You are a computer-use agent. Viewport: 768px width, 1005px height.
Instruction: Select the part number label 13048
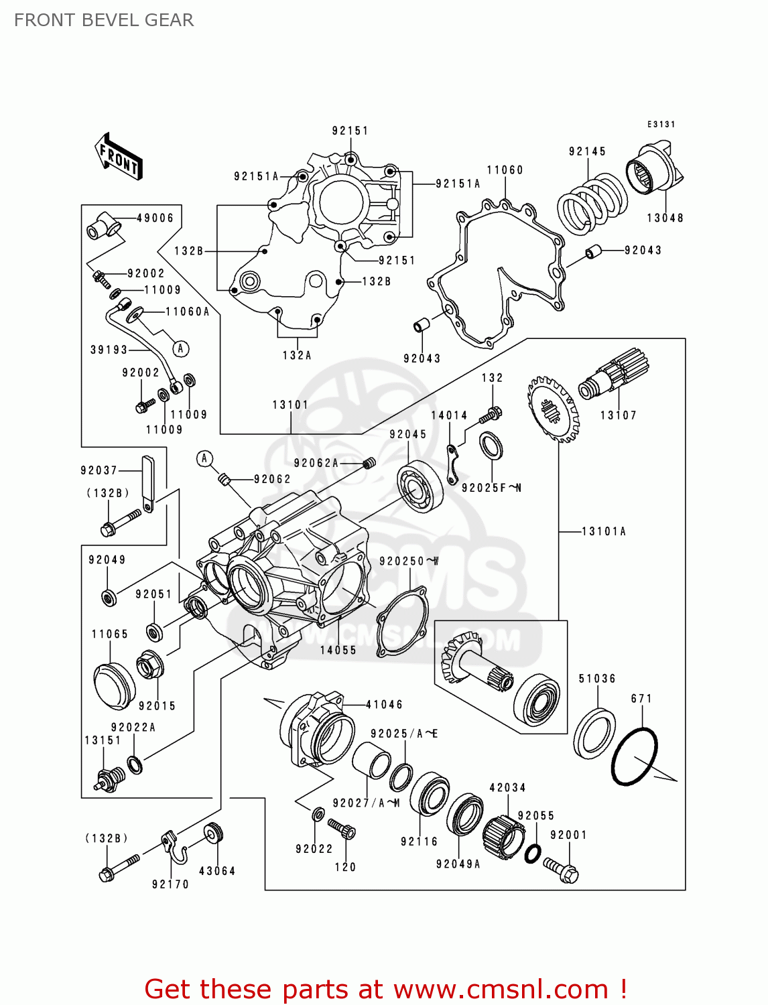pyautogui.click(x=665, y=218)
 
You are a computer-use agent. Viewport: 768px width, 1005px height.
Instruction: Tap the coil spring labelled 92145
pyautogui.click(x=592, y=201)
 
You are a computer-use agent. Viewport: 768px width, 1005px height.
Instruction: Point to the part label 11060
pyautogui.click(x=505, y=170)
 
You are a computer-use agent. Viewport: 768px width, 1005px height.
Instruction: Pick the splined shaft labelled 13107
pyautogui.click(x=614, y=378)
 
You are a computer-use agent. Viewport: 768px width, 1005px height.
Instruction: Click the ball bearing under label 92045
pyautogui.click(x=420, y=486)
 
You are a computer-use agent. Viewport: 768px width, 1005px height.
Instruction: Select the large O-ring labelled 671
pyautogui.click(x=634, y=756)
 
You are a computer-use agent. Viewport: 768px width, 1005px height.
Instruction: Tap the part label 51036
pyautogui.click(x=597, y=679)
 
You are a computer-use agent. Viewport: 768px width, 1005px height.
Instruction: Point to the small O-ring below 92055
pyautogui.click(x=533, y=854)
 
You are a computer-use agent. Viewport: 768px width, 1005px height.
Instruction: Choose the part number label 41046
pyautogui.click(x=384, y=704)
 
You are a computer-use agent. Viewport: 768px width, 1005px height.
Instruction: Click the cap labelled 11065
pyautogui.click(x=115, y=685)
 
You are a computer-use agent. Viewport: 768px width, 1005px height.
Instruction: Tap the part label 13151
pyautogui.click(x=103, y=740)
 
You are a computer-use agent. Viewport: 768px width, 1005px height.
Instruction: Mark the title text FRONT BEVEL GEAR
pyautogui.click(x=104, y=20)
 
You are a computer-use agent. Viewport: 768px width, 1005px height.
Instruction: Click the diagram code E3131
pyautogui.click(x=661, y=124)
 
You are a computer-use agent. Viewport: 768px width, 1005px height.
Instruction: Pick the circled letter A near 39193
pyautogui.click(x=180, y=348)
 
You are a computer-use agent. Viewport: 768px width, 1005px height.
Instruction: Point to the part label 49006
pyautogui.click(x=155, y=218)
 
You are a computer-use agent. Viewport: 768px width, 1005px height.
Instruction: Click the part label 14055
pyautogui.click(x=338, y=650)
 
